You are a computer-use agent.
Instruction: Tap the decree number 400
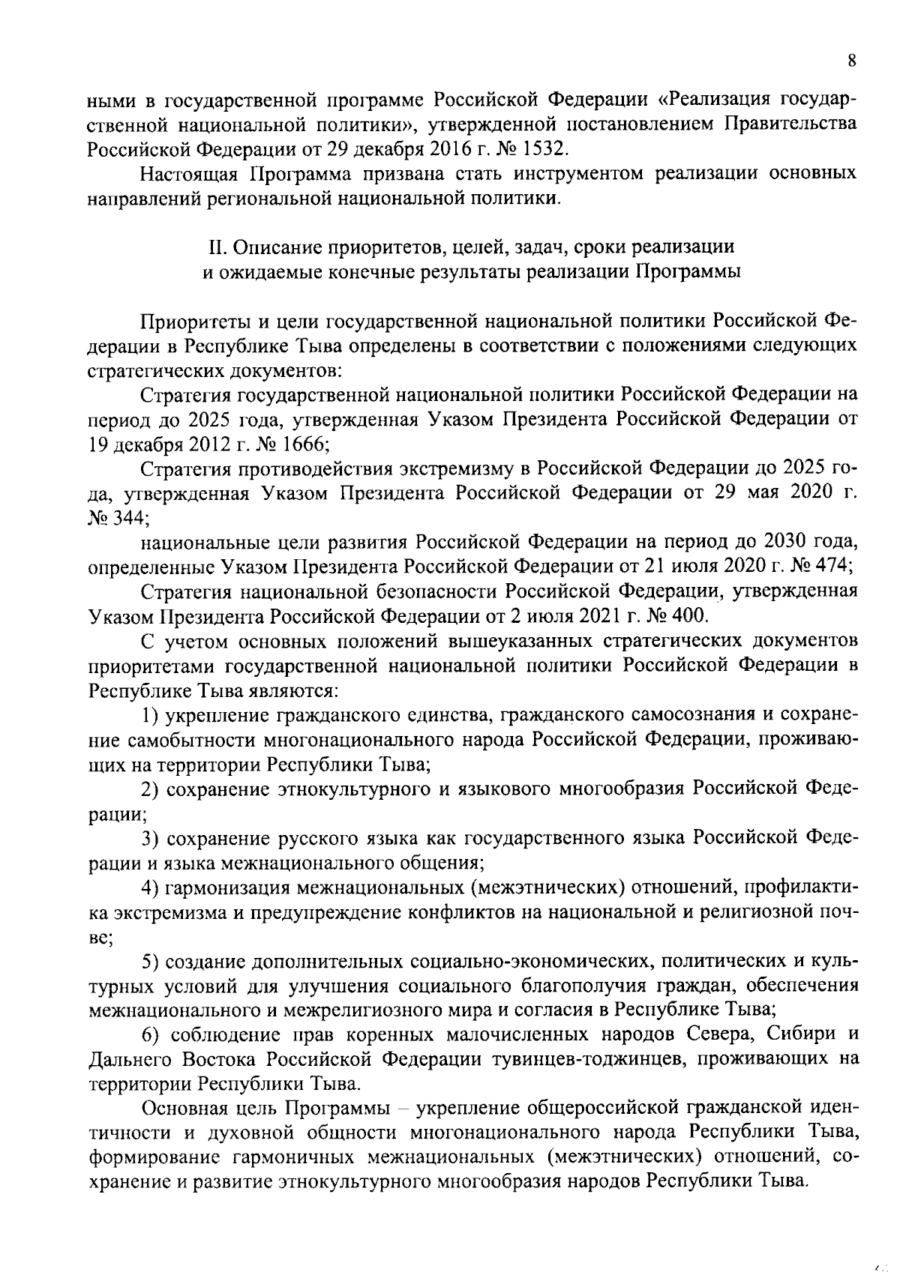click(x=688, y=615)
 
